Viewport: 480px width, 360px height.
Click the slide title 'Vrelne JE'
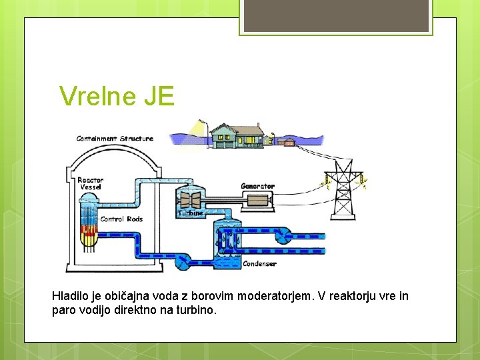117,97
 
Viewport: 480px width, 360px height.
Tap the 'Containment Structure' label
115,139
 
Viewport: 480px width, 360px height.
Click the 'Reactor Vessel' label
90,183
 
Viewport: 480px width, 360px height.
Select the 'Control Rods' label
121,219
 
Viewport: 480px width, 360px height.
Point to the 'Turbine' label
190,213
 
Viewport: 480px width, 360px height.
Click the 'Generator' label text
257,186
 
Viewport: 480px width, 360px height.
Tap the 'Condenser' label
259,264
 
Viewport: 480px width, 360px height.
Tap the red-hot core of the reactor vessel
89,233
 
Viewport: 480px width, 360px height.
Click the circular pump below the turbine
182,262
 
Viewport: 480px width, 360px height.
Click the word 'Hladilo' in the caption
69,295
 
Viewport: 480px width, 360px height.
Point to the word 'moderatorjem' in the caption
275,295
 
